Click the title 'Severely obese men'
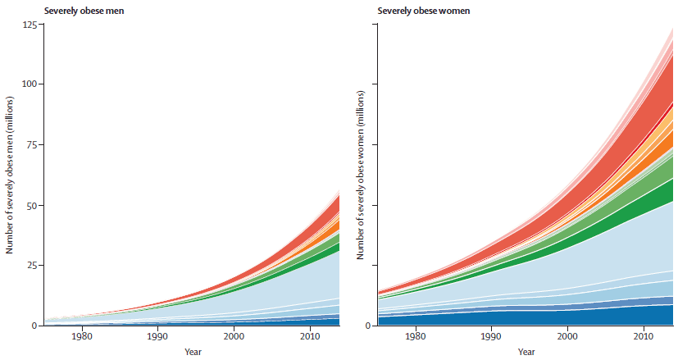point(84,11)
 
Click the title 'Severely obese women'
point(424,11)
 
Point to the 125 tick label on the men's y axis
point(30,24)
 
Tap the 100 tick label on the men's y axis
point(30,84)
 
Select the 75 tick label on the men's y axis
point(33,144)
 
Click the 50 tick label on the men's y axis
point(33,205)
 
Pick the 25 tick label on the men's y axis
point(33,265)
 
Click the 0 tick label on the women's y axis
point(369,326)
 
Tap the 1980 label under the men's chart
point(82,336)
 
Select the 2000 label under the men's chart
point(234,336)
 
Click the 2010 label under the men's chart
point(310,336)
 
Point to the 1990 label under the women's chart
point(491,336)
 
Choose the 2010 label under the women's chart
point(644,336)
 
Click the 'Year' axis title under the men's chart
point(193,352)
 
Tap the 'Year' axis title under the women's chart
point(526,352)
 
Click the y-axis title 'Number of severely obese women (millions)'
point(361,175)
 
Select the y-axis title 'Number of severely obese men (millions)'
point(10,175)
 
